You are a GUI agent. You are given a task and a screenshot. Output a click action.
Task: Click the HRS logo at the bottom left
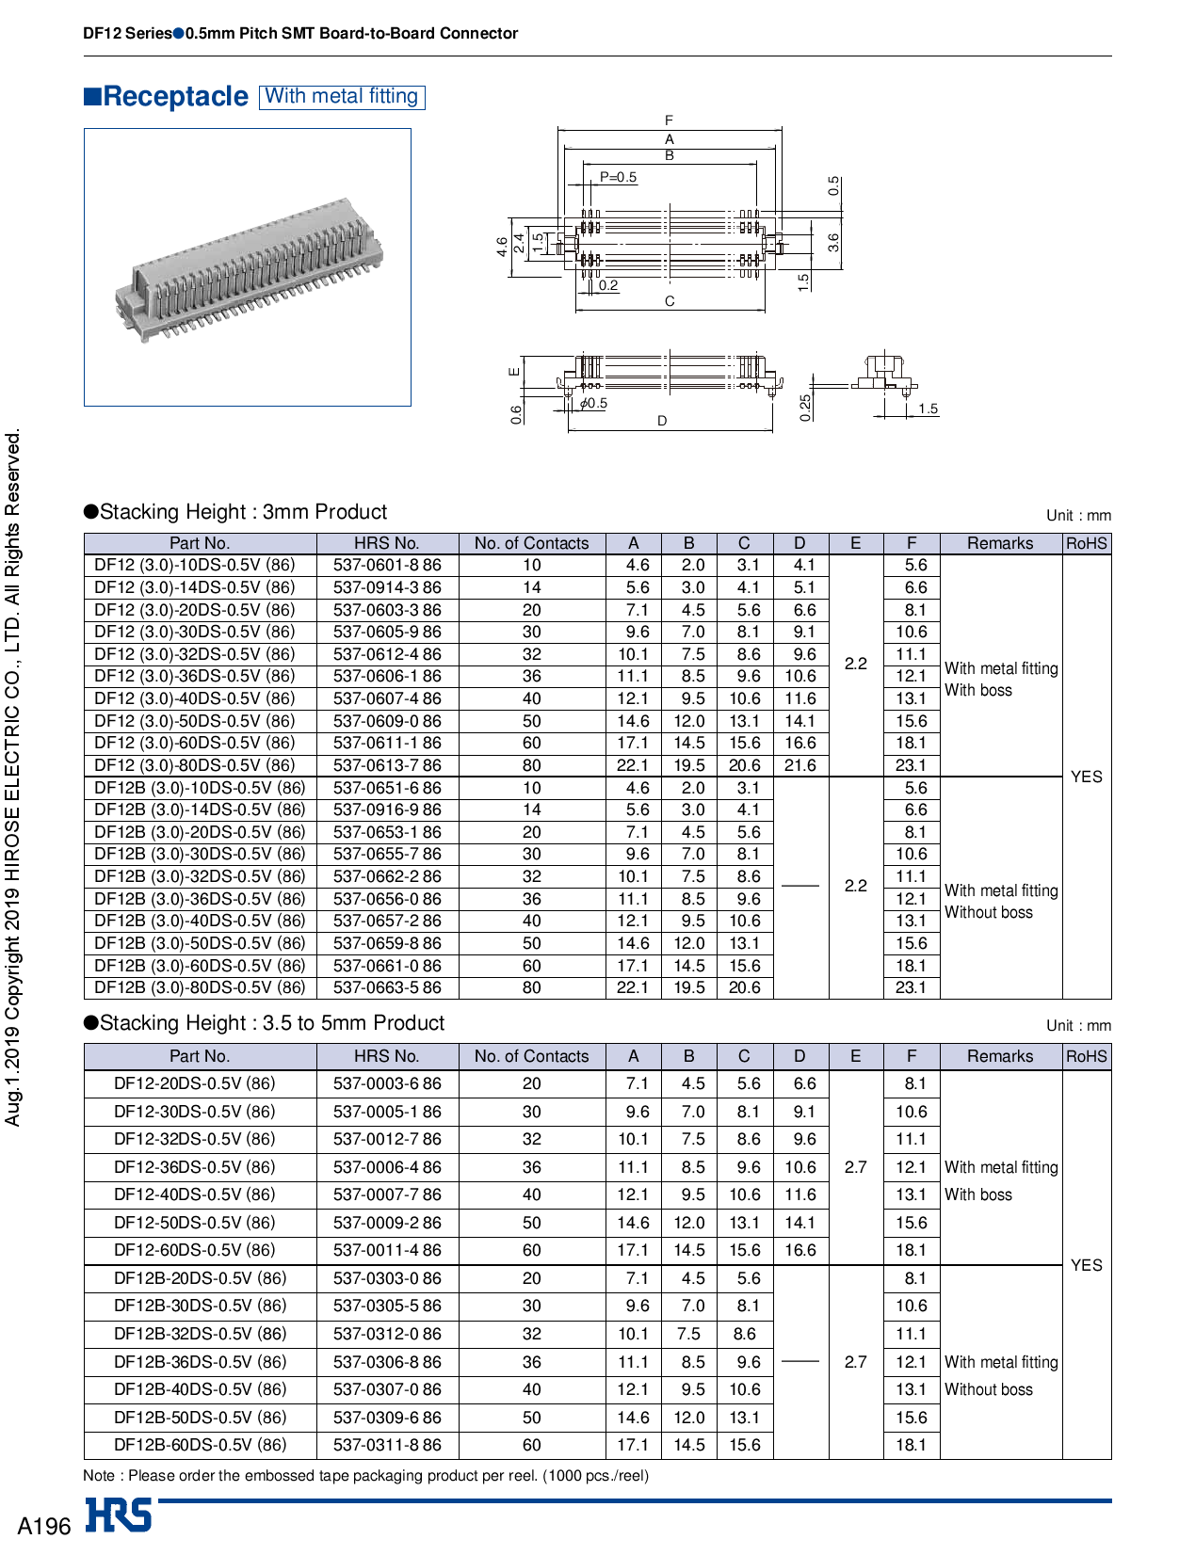pyautogui.click(x=119, y=1515)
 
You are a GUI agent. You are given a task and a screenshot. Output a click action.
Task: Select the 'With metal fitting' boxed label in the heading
pyautogui.click(x=342, y=97)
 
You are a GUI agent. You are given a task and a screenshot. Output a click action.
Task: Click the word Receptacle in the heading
pyautogui.click(x=175, y=97)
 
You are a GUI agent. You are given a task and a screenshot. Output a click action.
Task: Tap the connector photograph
pyautogui.click(x=248, y=267)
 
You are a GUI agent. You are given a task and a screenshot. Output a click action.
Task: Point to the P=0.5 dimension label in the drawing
pyautogui.click(x=618, y=177)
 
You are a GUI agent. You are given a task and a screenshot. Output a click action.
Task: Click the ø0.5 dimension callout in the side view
pyautogui.click(x=593, y=404)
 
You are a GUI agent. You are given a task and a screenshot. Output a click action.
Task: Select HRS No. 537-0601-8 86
pyautogui.click(x=387, y=566)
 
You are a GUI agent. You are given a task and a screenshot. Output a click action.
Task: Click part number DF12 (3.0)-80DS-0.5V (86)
pyautogui.click(x=195, y=766)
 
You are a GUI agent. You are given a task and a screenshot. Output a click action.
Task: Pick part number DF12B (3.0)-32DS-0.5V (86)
pyautogui.click(x=200, y=877)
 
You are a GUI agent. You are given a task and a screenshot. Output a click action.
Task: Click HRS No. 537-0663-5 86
pyautogui.click(x=387, y=988)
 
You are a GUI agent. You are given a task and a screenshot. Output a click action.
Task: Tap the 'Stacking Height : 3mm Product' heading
pyautogui.click(x=243, y=512)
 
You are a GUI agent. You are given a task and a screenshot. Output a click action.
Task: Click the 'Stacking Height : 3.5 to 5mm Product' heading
pyautogui.click(x=271, y=1023)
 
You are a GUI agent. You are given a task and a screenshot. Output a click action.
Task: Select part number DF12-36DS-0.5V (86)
pyautogui.click(x=195, y=1167)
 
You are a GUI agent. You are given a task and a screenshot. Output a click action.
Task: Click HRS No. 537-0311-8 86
pyautogui.click(x=387, y=1446)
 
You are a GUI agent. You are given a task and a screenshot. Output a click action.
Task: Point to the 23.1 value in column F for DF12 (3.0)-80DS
pyautogui.click(x=911, y=766)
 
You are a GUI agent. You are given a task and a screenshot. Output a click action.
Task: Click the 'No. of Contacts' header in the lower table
pyautogui.click(x=531, y=1056)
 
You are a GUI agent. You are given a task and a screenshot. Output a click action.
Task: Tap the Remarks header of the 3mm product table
pyautogui.click(x=1000, y=543)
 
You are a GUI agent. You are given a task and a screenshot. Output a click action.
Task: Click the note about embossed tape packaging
pyautogui.click(x=366, y=1476)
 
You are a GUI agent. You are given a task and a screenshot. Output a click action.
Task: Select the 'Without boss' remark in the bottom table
pyautogui.click(x=989, y=1390)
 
